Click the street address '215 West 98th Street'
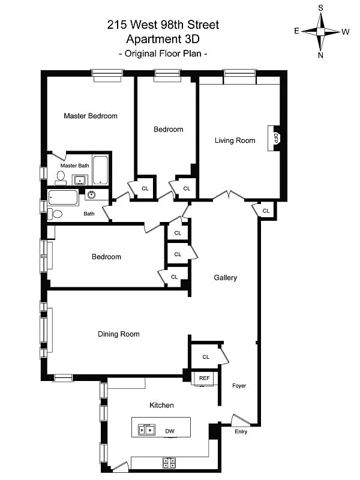pyautogui.click(x=163, y=25)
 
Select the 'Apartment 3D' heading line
pyautogui.click(x=163, y=39)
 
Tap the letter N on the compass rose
pyautogui.click(x=320, y=55)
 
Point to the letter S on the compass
pyautogui.click(x=320, y=8)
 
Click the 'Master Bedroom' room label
pyautogui.click(x=91, y=116)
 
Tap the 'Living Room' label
pyautogui.click(x=235, y=141)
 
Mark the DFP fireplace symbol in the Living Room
pyautogui.click(x=276, y=137)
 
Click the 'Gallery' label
pyautogui.click(x=226, y=278)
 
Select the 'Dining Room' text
pyautogui.click(x=119, y=334)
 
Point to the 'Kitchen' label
pyautogui.click(x=161, y=406)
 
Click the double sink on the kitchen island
pyautogui.click(x=146, y=429)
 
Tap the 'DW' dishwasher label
pyautogui.click(x=170, y=431)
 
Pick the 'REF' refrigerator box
pyautogui.click(x=205, y=378)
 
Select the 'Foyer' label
pyautogui.click(x=239, y=386)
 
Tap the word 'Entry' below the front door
pyautogui.click(x=240, y=431)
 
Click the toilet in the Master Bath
pyautogui.click(x=61, y=176)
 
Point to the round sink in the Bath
pyautogui.click(x=91, y=194)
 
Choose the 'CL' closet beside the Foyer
pyautogui.click(x=206, y=357)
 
